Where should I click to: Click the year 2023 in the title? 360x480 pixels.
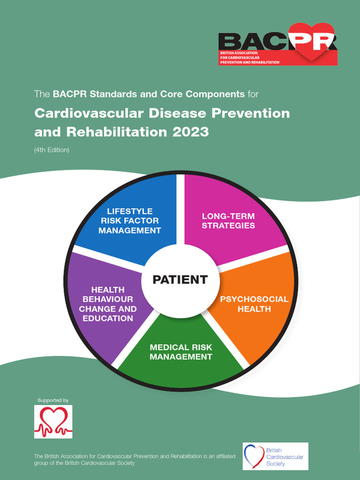point(190,132)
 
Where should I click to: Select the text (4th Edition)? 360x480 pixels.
point(52,150)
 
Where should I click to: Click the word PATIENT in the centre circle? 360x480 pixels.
point(180,280)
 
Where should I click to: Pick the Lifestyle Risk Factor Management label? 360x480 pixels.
point(129,221)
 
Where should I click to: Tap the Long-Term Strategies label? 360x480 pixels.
point(228,221)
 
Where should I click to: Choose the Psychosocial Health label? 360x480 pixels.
point(254,304)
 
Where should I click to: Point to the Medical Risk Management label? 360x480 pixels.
point(180,352)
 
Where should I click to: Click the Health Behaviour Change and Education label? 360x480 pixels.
point(108,304)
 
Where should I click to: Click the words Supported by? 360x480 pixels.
point(53,400)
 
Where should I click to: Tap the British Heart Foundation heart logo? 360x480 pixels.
point(53,421)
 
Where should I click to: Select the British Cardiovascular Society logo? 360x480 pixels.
point(275,456)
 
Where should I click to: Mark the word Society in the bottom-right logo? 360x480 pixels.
point(276,464)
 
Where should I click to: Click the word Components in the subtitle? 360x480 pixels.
point(215,94)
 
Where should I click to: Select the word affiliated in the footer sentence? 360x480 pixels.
point(224,456)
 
